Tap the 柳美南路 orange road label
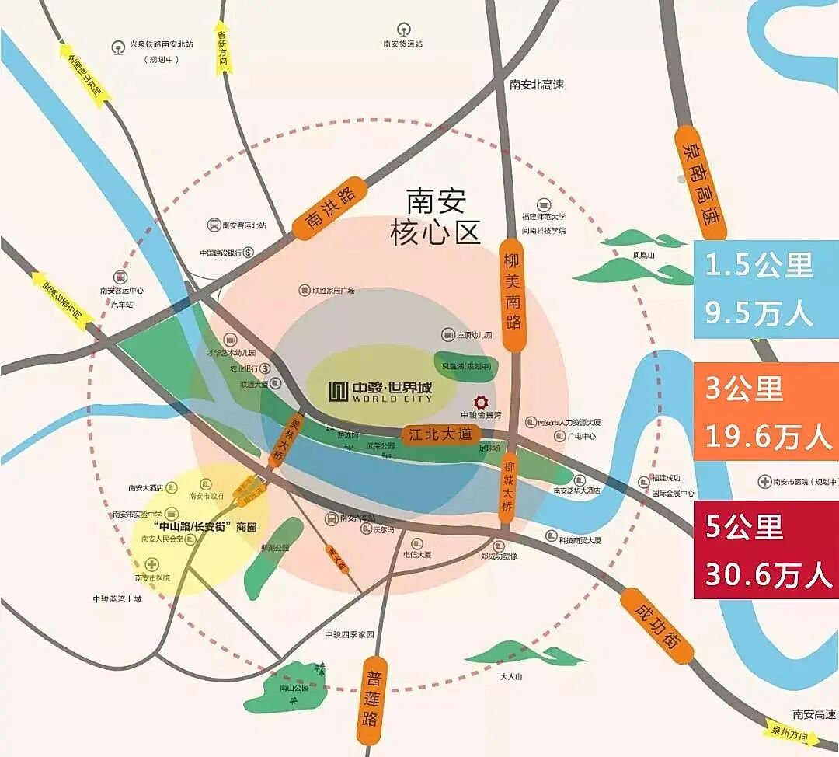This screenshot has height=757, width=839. pyautogui.click(x=511, y=291)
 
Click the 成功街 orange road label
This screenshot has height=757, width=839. pyautogui.click(x=656, y=625)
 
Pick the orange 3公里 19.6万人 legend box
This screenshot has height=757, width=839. pyautogui.click(x=765, y=412)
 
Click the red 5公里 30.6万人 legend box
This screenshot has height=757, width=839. pyautogui.click(x=765, y=549)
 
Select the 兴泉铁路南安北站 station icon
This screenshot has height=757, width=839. pyautogui.click(x=118, y=46)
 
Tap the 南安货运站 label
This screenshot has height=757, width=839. pyautogui.click(x=402, y=44)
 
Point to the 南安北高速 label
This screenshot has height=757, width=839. pyautogui.click(x=537, y=85)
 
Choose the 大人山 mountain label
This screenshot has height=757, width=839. pyautogui.click(x=511, y=676)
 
